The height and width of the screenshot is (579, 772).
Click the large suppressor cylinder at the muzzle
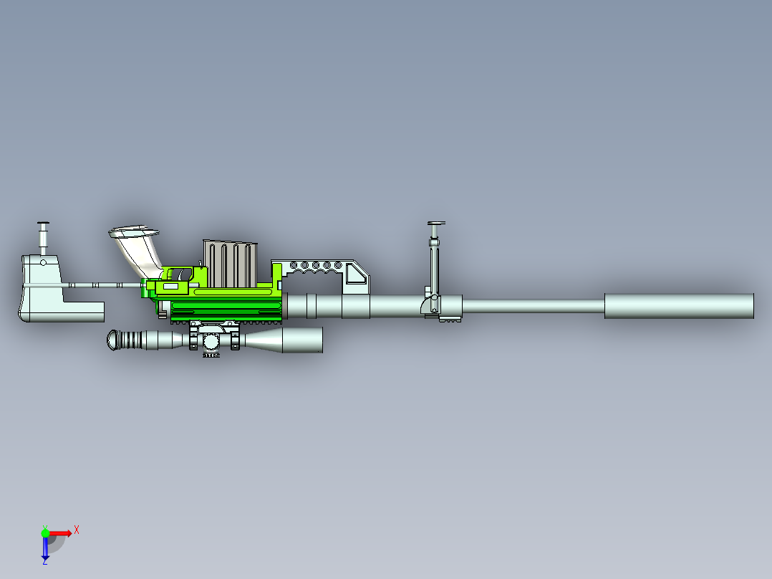point(678,306)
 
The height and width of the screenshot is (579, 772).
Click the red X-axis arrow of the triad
point(62,533)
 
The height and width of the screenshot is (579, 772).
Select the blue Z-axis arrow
point(45,548)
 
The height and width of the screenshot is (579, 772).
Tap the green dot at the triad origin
point(45,533)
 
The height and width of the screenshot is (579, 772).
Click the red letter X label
point(76,530)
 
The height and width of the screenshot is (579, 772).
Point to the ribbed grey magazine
point(229,264)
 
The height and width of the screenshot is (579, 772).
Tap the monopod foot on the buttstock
point(42,223)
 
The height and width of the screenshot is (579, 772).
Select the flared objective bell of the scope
point(301,340)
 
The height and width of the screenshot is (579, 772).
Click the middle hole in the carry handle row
point(316,265)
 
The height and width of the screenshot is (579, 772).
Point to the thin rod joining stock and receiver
point(100,285)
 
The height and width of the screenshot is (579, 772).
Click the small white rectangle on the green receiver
point(171,286)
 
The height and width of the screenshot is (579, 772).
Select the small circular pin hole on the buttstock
point(43,262)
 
